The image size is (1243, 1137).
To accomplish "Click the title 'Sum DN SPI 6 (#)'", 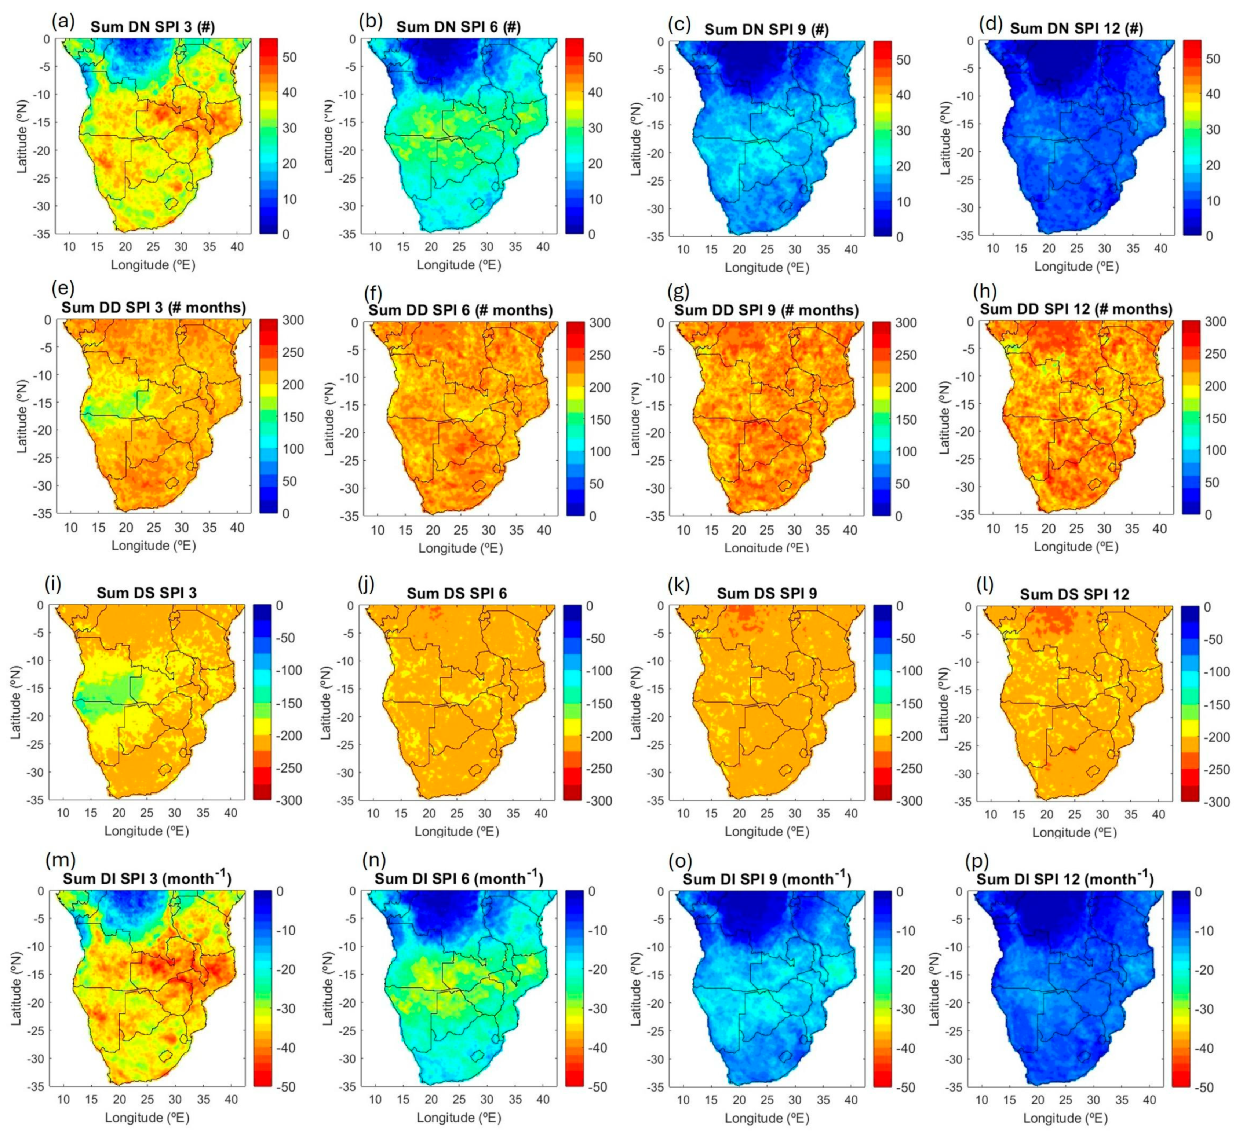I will click(x=458, y=27).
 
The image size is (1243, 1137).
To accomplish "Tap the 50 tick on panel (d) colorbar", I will click(x=1212, y=59).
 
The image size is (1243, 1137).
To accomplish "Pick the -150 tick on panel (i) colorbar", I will click(x=287, y=703).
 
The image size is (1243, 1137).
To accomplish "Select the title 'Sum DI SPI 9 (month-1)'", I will click(x=766, y=879).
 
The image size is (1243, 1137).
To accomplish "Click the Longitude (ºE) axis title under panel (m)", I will click(x=147, y=1117).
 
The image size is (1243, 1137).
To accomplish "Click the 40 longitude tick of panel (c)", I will click(x=851, y=250).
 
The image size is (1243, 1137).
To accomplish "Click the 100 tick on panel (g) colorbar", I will click(x=905, y=451).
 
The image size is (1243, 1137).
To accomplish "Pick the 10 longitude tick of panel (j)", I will click(x=373, y=814).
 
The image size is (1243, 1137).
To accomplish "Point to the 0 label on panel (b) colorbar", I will click(x=591, y=234).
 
